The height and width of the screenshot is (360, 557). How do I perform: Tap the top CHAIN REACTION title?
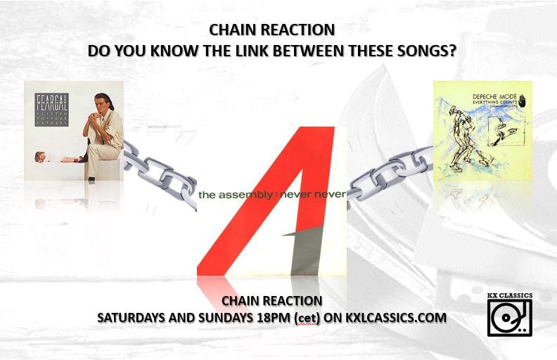tap(271, 30)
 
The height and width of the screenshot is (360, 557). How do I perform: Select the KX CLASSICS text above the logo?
tap(510, 295)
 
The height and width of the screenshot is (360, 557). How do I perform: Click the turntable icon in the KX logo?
tap(510, 318)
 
